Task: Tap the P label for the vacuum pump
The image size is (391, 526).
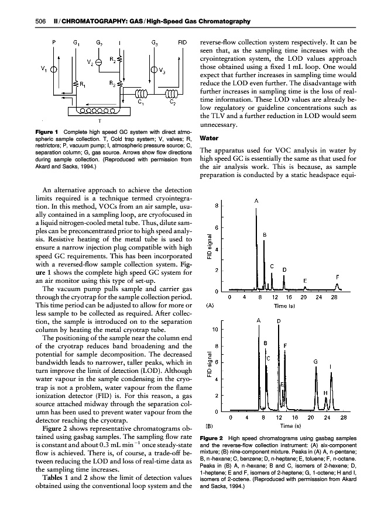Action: pos(54,43)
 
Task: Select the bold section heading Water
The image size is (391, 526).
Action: pos(210,139)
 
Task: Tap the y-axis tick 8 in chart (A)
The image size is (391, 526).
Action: pos(217,206)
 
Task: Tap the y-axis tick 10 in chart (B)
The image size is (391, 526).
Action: pos(215,330)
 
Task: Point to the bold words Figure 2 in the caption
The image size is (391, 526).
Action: pos(212,438)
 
